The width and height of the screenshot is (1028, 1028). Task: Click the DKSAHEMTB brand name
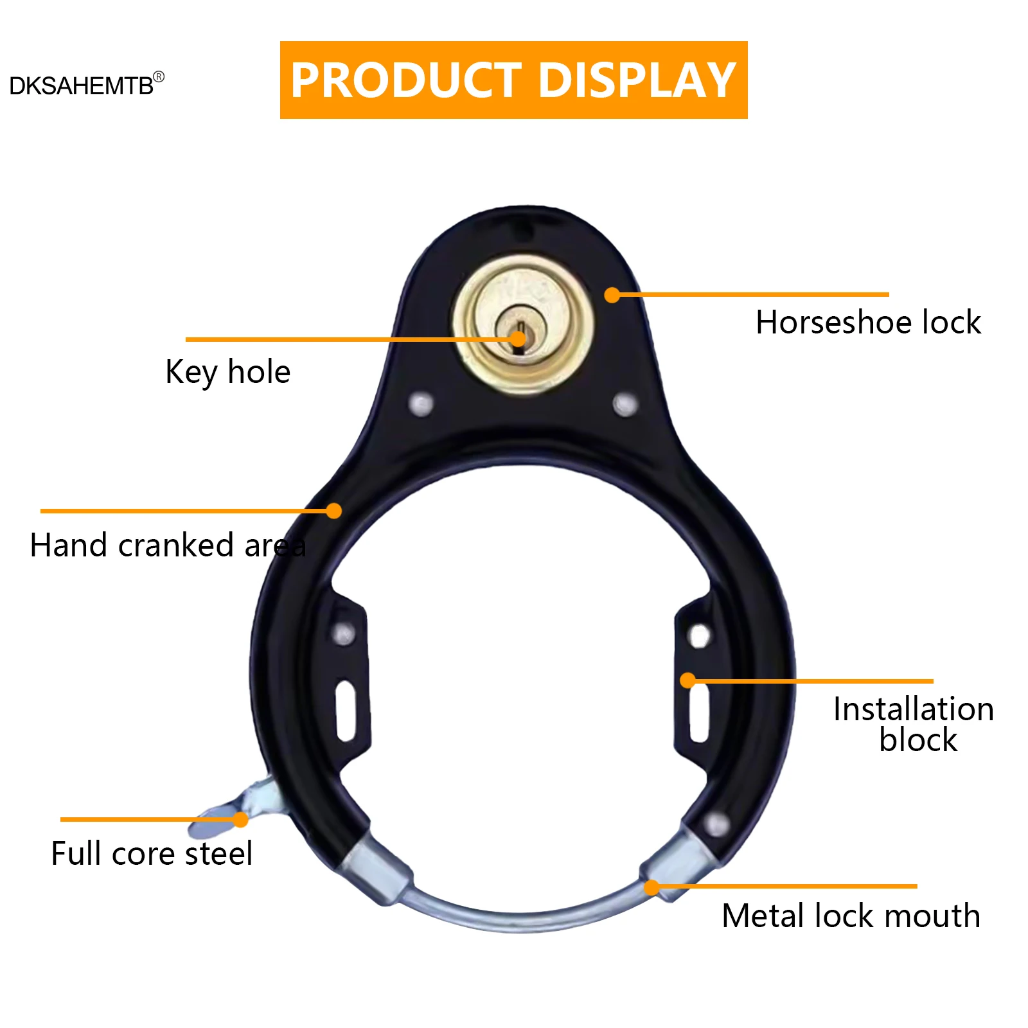(81, 86)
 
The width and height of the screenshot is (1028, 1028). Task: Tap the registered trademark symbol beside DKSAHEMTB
(159, 77)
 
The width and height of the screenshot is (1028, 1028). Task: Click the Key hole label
(227, 373)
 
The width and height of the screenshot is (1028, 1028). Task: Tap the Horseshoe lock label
(868, 323)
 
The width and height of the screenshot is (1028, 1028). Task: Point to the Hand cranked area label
(168, 545)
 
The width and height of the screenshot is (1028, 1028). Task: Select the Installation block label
(913, 724)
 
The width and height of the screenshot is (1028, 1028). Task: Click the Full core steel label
(152, 854)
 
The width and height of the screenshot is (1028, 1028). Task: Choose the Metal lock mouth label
(851, 916)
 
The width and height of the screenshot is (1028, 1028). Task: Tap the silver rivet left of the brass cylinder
(421, 405)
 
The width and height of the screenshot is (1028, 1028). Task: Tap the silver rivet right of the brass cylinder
(625, 404)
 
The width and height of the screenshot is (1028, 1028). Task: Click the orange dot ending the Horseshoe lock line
(612, 295)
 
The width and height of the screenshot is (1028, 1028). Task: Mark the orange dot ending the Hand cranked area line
(333, 511)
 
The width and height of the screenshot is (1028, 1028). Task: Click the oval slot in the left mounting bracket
(346, 711)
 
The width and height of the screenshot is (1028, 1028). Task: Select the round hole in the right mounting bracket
(699, 636)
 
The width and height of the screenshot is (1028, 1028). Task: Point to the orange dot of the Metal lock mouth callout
(651, 887)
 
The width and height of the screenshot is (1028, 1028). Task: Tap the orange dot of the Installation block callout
(688, 680)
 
